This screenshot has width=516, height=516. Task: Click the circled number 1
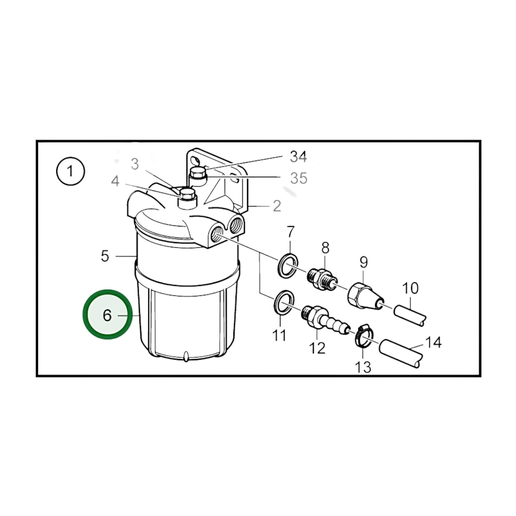pos(70,171)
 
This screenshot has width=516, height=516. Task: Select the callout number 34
pos(298,156)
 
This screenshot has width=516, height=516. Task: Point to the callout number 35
pos(299,178)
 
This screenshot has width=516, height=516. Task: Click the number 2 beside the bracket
pos(277,206)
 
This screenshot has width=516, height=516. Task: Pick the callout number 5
pos(105,256)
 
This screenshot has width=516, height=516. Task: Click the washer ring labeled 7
pos(288,266)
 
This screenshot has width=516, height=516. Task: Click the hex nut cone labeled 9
pos(366,296)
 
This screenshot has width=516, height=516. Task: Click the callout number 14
pos(433,342)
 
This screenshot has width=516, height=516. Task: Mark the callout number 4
pos(115,181)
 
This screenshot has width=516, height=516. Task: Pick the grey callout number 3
pos(135,164)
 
